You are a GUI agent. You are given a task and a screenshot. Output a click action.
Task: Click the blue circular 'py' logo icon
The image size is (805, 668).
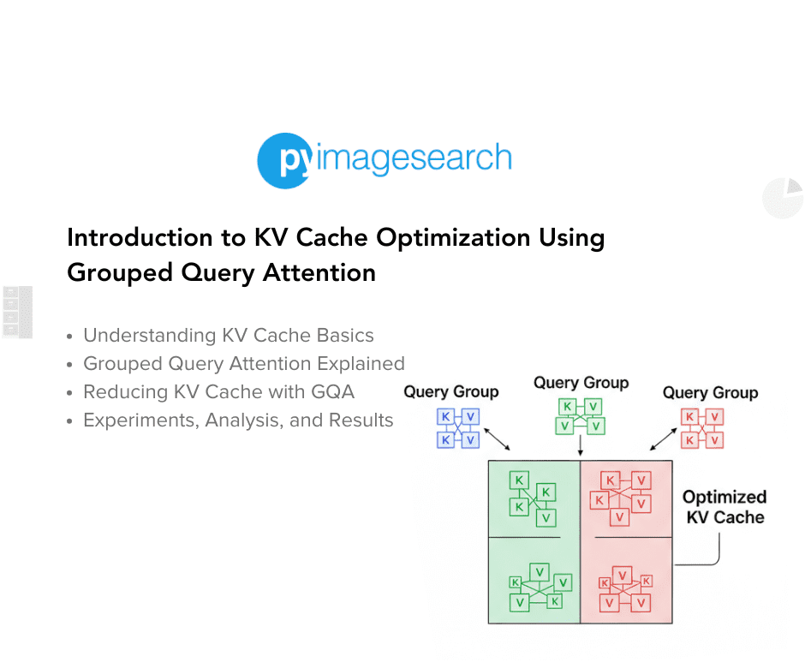click(x=283, y=160)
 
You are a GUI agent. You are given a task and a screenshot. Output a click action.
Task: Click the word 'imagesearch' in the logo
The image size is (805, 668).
click(x=414, y=158)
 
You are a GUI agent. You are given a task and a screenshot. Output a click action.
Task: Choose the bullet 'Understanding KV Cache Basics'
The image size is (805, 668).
click(x=228, y=335)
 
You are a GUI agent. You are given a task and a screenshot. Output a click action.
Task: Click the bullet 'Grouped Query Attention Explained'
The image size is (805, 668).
click(x=243, y=363)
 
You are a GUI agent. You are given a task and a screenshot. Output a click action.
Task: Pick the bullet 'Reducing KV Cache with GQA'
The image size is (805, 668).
click(x=218, y=391)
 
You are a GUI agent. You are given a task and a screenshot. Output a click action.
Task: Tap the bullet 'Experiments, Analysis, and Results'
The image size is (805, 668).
click(x=237, y=420)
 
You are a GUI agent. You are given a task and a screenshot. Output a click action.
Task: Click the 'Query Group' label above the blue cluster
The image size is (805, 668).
click(x=451, y=391)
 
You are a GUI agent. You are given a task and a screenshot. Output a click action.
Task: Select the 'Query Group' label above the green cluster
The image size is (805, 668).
click(x=581, y=383)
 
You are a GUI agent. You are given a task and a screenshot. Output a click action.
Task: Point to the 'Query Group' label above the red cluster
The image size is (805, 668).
click(x=710, y=392)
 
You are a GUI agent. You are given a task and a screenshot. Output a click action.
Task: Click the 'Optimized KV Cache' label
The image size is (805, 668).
click(x=724, y=507)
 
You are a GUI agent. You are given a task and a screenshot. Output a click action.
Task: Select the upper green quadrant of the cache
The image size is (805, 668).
click(x=534, y=499)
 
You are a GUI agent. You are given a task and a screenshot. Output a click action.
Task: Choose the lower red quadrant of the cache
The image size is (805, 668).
click(x=626, y=581)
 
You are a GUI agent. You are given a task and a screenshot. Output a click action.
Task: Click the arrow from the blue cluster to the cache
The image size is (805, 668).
click(x=497, y=437)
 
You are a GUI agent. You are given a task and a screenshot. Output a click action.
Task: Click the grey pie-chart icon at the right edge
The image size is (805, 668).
click(x=783, y=198)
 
